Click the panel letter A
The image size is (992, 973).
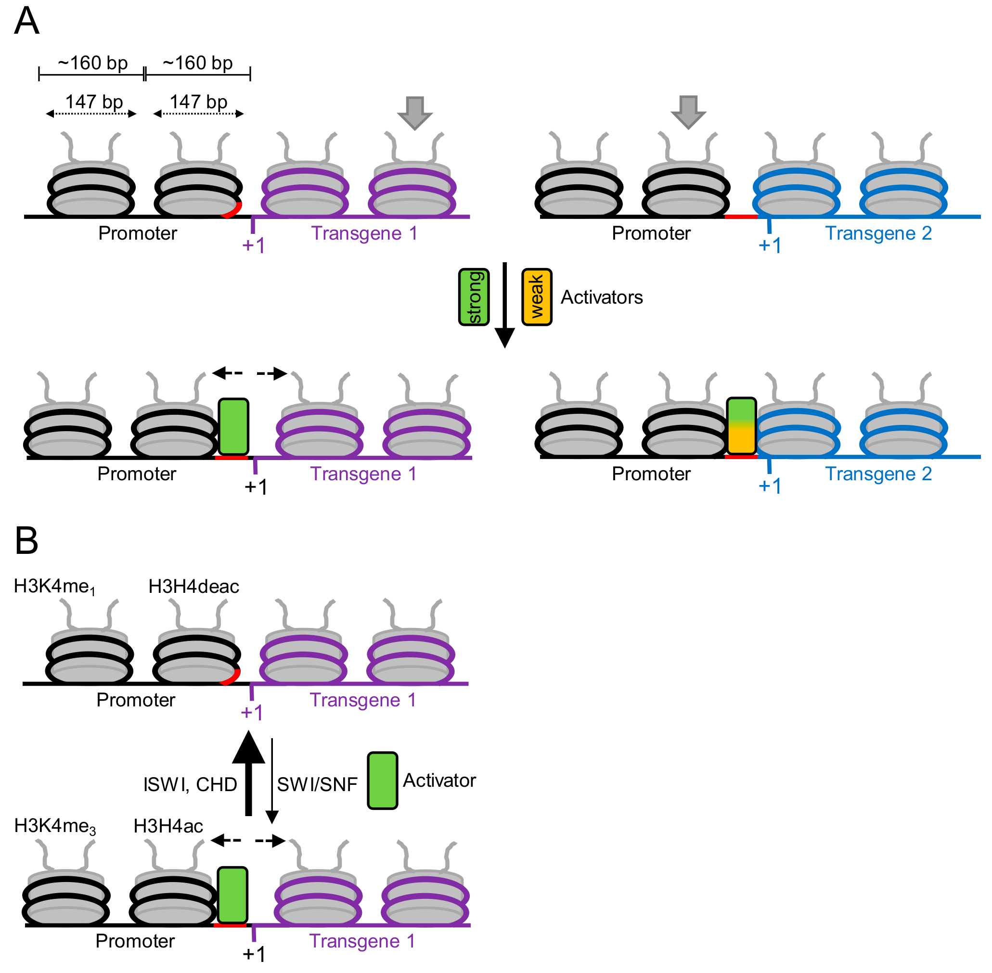point(26,22)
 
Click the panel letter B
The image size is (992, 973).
point(26,541)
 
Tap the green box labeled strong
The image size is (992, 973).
point(474,297)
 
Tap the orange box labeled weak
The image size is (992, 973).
point(537,297)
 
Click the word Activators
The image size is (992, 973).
point(602,297)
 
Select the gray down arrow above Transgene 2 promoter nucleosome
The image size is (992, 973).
point(688,112)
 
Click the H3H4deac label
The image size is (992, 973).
point(193,587)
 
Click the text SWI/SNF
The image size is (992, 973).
point(317,784)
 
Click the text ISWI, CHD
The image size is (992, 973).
point(190,784)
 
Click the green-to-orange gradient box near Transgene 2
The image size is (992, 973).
point(741,426)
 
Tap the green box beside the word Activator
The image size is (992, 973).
point(382,781)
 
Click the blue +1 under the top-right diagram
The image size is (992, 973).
point(769,245)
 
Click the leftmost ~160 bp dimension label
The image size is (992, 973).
point(92,64)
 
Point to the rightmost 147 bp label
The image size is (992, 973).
point(198,102)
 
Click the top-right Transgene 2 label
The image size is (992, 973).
point(878,233)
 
